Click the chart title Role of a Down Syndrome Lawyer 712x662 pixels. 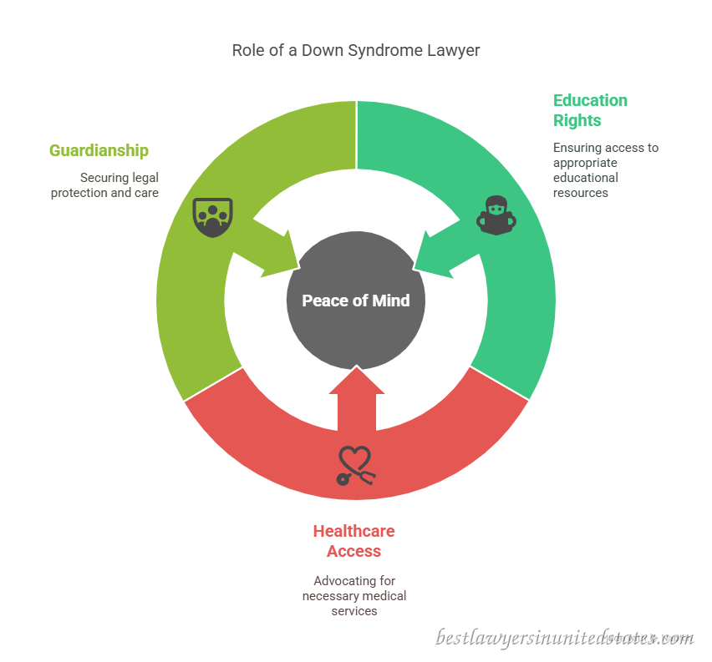click(x=355, y=50)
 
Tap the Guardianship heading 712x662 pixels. click(x=99, y=150)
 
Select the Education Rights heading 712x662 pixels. click(x=590, y=110)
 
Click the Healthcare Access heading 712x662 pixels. click(x=354, y=541)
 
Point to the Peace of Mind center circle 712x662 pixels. click(x=356, y=301)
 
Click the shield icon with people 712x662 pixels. click(x=212, y=217)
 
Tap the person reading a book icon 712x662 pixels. click(x=496, y=215)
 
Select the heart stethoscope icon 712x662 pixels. click(x=356, y=466)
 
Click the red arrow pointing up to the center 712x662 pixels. click(x=357, y=399)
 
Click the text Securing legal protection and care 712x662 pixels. click(x=105, y=185)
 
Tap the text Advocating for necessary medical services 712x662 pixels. click(x=354, y=596)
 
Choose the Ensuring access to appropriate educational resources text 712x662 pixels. click(x=606, y=170)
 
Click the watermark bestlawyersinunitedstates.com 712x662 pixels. click(x=564, y=638)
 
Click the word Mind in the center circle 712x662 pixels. click(x=391, y=301)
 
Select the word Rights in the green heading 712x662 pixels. click(x=577, y=121)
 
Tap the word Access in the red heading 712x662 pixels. click(x=354, y=551)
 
